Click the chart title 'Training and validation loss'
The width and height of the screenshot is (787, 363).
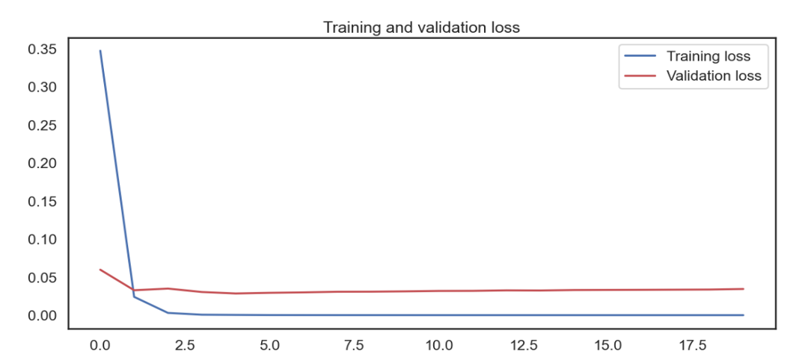point(421,27)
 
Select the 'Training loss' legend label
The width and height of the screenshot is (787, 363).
point(708,56)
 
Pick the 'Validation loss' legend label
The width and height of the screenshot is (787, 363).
point(713,75)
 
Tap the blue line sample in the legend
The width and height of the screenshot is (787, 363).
point(640,56)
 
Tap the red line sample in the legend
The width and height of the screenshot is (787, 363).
point(640,75)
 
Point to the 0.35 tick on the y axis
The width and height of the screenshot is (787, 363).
point(42,49)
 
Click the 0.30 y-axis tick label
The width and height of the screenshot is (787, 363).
point(42,87)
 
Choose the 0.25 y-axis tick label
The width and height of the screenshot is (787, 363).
point(42,125)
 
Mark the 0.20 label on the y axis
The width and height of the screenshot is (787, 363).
point(42,164)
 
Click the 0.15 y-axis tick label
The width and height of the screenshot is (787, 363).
point(42,202)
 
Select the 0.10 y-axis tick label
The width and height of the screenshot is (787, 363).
point(42,240)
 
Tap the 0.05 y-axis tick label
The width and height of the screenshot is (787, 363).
point(42,278)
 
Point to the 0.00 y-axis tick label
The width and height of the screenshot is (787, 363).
point(42,316)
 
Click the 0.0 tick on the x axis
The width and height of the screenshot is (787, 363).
point(99,346)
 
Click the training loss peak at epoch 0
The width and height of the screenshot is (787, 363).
point(100,51)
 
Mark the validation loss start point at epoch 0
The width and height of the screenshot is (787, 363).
point(100,270)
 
